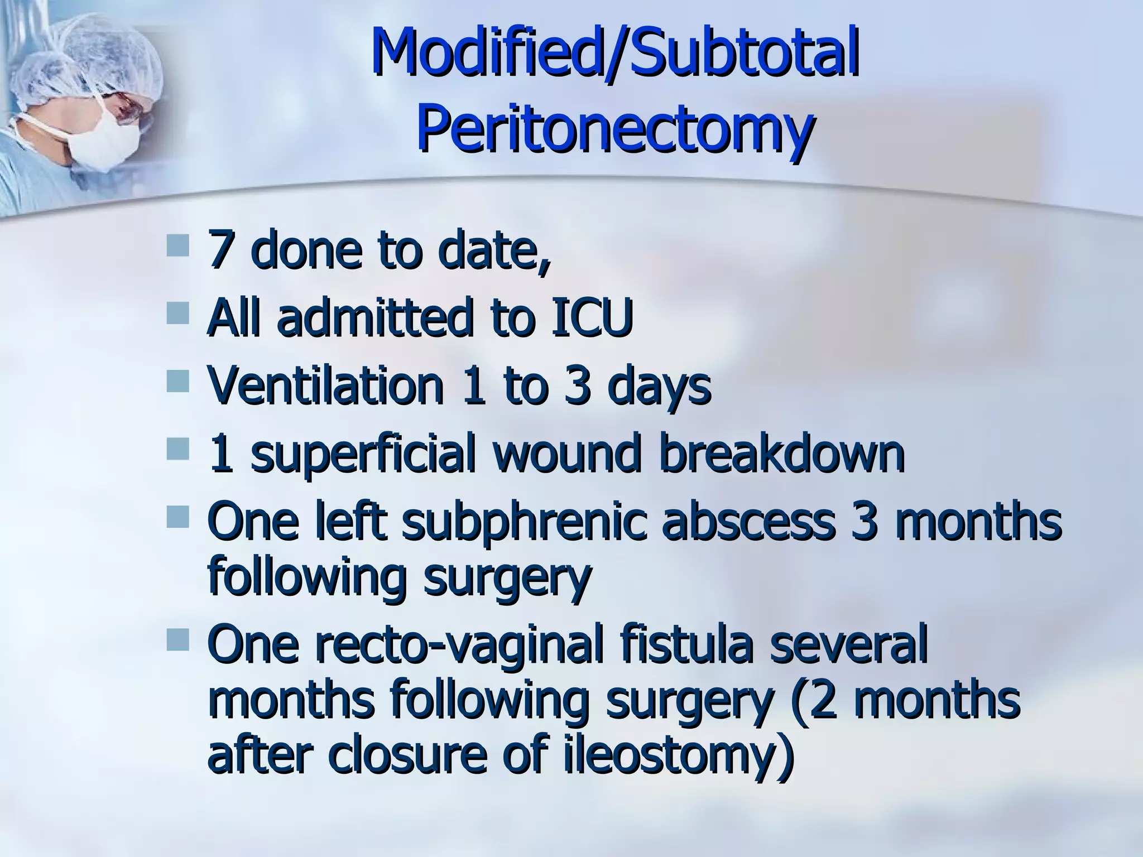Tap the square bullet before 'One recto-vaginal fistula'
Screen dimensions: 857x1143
tap(178, 639)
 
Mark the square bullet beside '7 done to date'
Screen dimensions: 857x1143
tap(178, 245)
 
